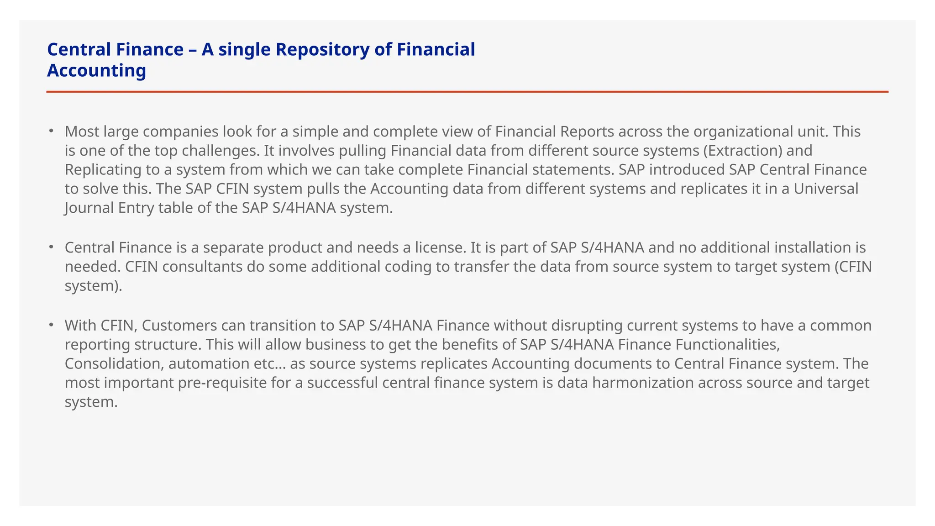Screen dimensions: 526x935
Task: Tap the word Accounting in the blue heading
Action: [96, 70]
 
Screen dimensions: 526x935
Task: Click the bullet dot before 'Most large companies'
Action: [52, 131]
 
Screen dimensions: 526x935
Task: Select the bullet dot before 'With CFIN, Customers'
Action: [52, 325]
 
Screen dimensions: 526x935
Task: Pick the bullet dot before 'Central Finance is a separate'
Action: [52, 247]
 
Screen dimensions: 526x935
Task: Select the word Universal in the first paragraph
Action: [826, 189]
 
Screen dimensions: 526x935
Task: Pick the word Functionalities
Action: [698, 345]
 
